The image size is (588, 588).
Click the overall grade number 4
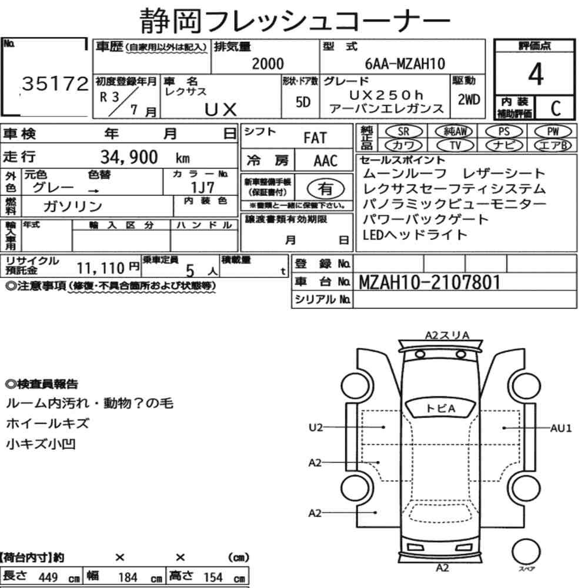coord(536,74)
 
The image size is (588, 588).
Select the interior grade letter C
coord(556,108)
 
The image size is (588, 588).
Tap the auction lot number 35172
coord(55,83)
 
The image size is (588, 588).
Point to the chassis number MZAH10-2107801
coord(430,282)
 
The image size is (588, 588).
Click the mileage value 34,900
coord(129,157)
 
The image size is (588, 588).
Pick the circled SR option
coord(404,132)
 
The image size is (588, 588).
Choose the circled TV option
coord(455,145)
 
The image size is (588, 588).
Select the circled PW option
coord(553,132)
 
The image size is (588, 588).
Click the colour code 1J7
coord(202,187)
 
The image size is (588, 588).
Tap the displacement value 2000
coord(268,64)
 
